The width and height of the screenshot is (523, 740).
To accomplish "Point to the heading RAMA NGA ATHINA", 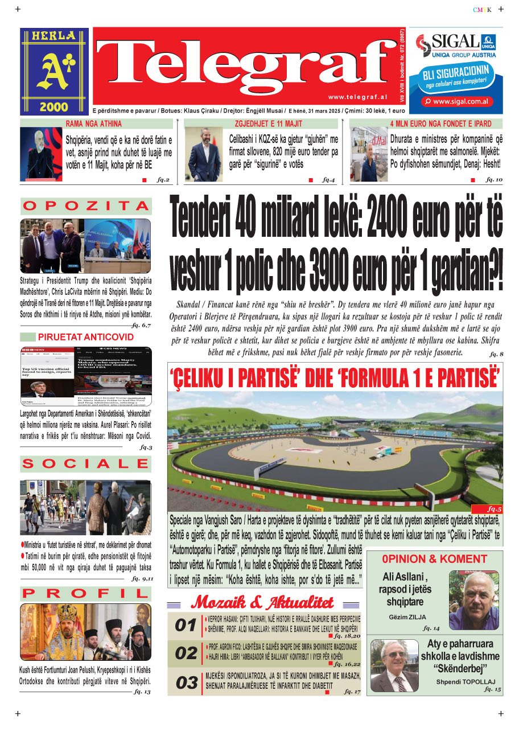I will click(x=93, y=124).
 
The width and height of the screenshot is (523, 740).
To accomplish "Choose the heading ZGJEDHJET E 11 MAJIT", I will click(x=268, y=124).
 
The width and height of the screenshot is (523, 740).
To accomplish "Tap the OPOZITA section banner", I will click(x=86, y=206).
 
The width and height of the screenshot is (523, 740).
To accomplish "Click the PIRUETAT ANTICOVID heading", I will click(x=86, y=337).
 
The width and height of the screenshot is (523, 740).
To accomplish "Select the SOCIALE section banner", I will click(x=86, y=464).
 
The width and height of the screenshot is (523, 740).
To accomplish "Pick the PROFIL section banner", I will click(x=86, y=594).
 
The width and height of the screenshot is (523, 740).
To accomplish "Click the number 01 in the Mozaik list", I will click(x=185, y=626).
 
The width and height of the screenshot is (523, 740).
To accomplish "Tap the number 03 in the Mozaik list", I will click(x=186, y=683).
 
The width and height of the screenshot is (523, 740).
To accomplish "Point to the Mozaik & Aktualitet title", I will click(x=262, y=602).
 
